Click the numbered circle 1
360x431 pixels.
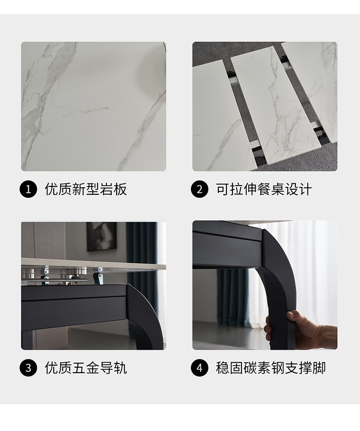[x=28, y=189]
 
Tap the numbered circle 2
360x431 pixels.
[x=200, y=189]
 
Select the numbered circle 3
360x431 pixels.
[x=28, y=368]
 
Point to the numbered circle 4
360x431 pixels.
[x=200, y=368]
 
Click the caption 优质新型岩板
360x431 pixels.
[x=86, y=189]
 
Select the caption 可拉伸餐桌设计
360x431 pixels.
[x=264, y=189]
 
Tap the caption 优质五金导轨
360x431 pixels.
[x=86, y=368]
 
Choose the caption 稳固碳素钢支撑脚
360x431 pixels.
[x=271, y=368]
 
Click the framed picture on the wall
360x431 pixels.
[x=102, y=237]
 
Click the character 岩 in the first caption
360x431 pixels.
[x=106, y=189]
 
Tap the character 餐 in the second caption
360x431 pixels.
[x=264, y=189]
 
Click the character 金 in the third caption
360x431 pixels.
[x=93, y=368]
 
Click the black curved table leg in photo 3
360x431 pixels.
[x=144, y=316]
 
